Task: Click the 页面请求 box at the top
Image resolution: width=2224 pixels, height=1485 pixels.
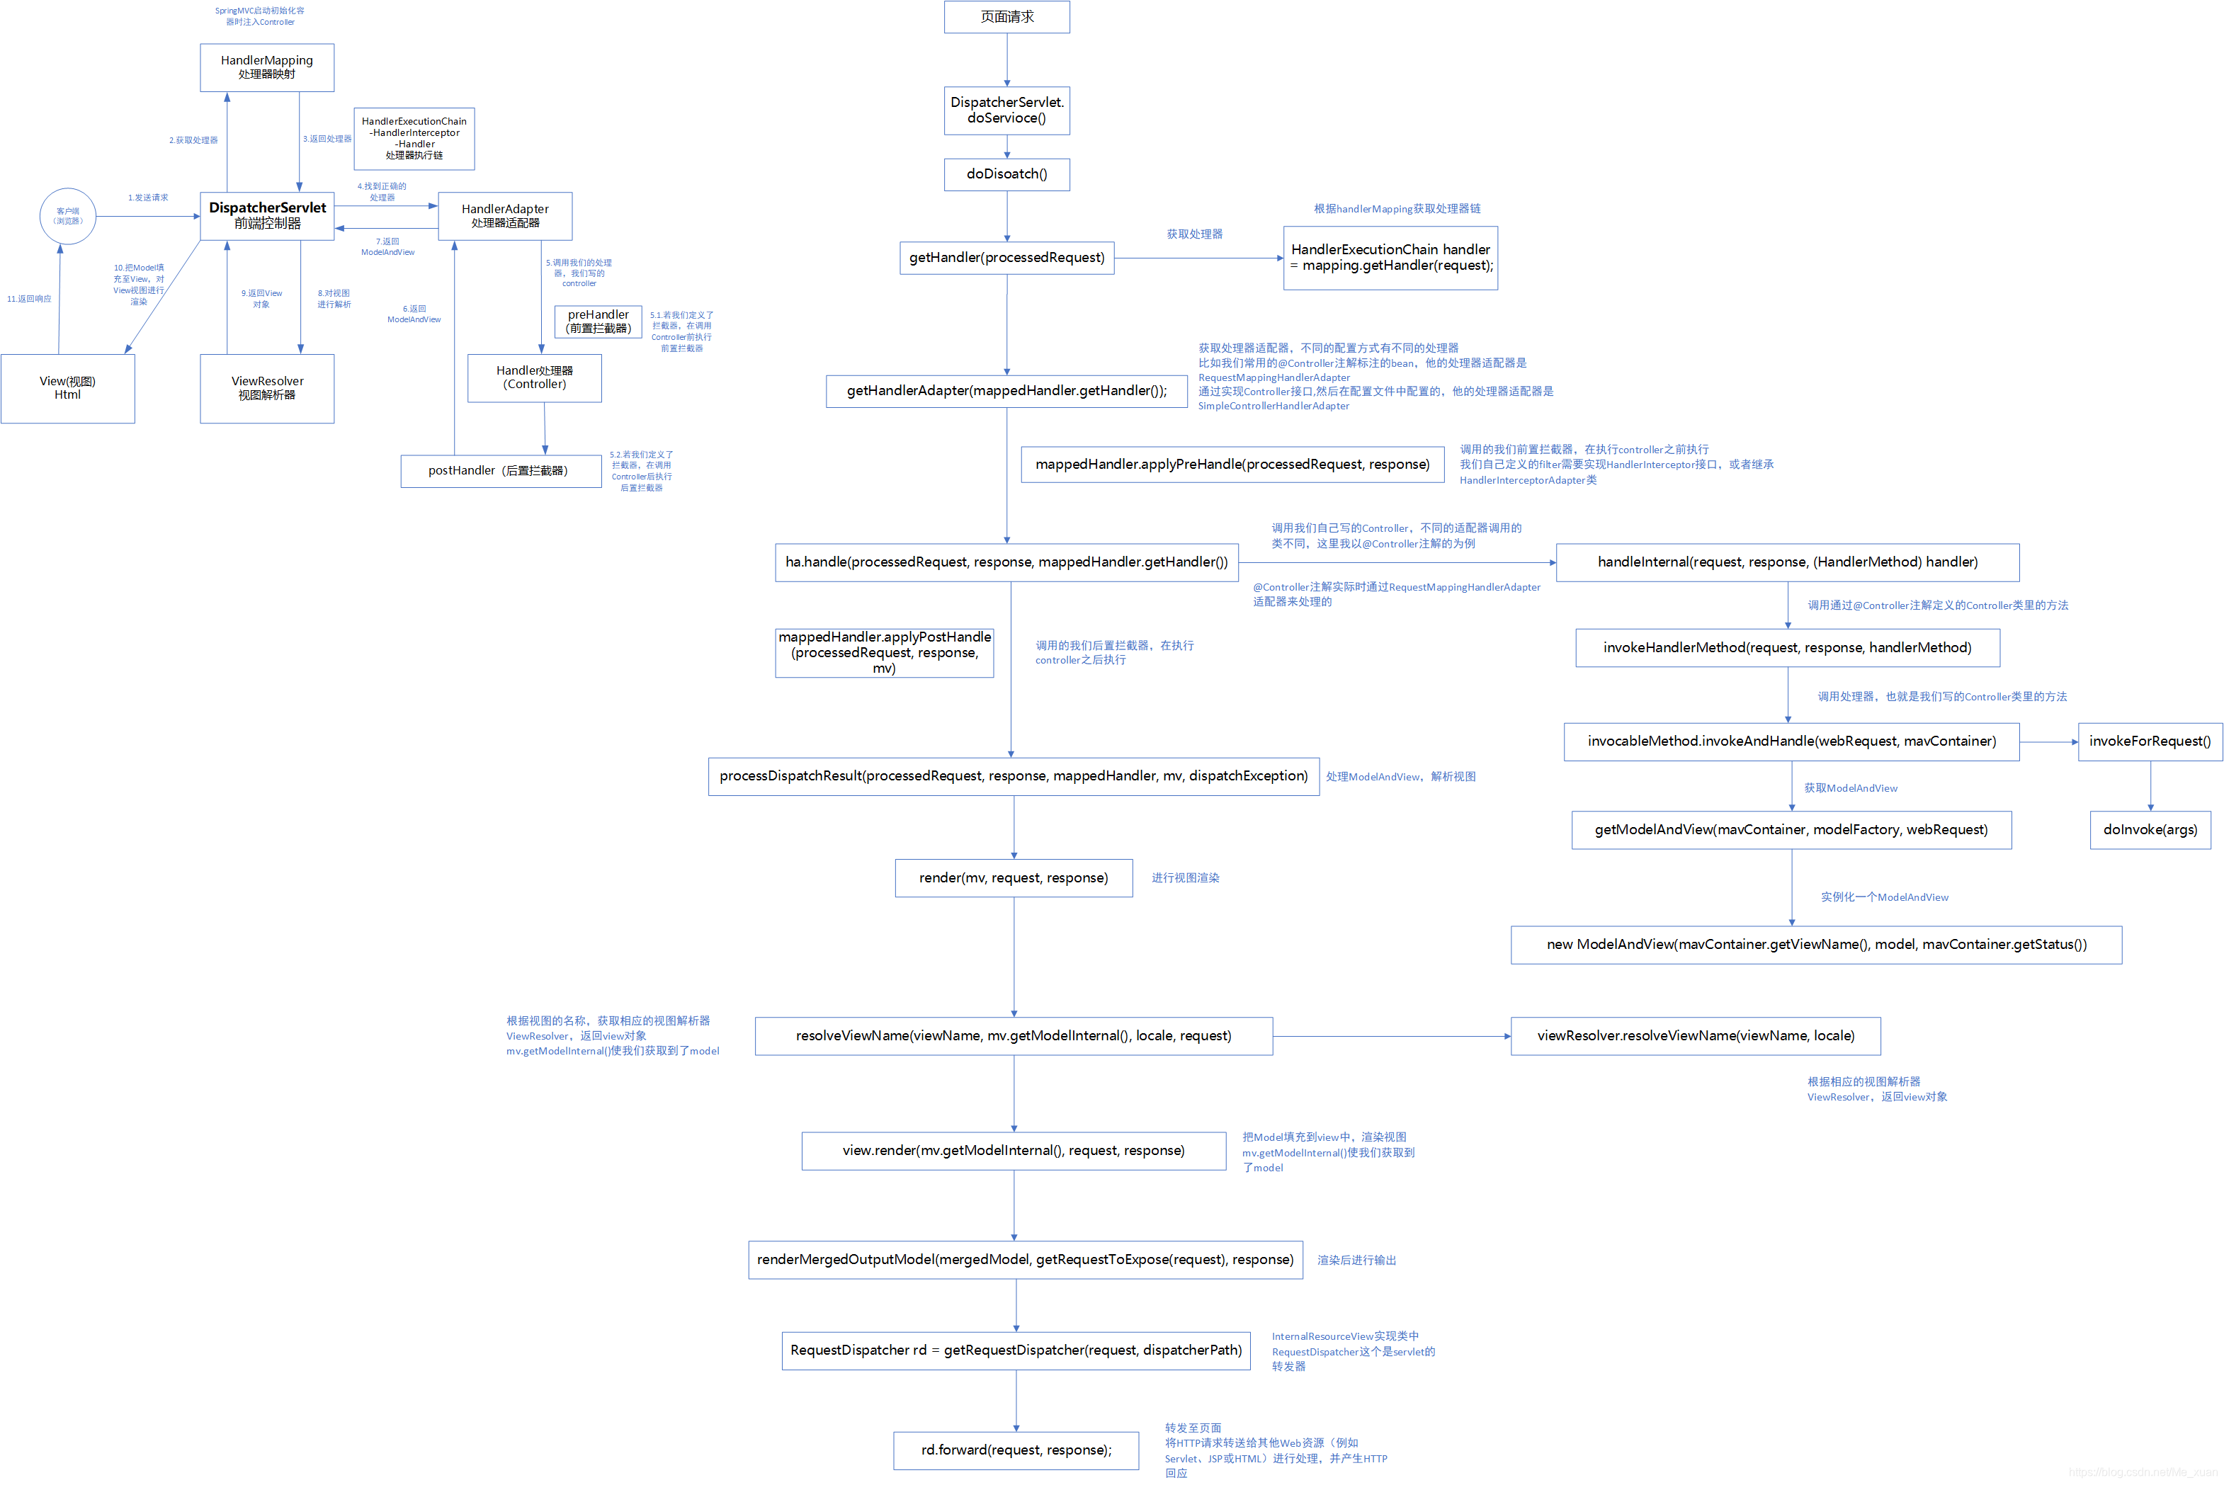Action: point(1007,17)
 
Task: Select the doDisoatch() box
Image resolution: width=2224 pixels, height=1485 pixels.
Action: point(1007,174)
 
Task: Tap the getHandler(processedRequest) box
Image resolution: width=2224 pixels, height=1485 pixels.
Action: point(1007,258)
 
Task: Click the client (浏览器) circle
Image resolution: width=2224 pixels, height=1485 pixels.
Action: point(67,216)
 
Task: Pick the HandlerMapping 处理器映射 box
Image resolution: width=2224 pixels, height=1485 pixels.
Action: point(267,67)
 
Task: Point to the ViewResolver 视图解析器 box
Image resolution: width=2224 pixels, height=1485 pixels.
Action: point(267,388)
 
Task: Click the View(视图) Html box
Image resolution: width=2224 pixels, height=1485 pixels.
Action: point(67,388)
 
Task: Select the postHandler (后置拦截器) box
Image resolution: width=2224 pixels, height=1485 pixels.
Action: point(501,471)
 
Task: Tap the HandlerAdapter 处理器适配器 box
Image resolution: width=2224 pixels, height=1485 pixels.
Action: point(505,216)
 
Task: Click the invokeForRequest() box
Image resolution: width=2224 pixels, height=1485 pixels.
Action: point(2150,741)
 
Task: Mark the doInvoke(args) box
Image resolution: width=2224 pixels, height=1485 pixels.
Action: point(2150,830)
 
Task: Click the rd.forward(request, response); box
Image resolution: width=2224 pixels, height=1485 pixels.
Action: point(1016,1450)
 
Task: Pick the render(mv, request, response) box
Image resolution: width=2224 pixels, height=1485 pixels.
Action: point(1014,878)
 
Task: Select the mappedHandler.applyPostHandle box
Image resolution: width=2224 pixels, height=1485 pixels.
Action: point(885,652)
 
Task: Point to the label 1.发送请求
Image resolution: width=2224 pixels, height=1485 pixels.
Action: point(148,198)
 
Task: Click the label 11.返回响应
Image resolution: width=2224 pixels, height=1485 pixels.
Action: point(29,300)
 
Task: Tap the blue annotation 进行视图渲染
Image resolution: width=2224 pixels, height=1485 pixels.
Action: point(1185,878)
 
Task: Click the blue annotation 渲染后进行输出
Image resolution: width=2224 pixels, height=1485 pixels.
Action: point(1356,1261)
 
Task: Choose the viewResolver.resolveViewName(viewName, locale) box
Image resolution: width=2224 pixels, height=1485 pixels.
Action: point(1696,1036)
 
